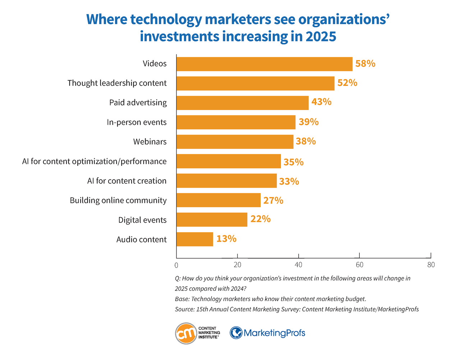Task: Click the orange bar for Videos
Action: tap(264, 64)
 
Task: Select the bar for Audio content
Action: tap(195, 239)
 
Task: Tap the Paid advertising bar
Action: tap(242, 103)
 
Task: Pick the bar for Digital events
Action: tap(212, 219)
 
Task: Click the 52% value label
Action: tap(347, 83)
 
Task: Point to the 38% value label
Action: tap(305, 141)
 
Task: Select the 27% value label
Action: tap(273, 200)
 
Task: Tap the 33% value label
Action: tap(289, 181)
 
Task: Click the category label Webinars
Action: tap(150, 142)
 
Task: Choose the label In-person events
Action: tap(137, 122)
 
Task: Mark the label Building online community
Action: tap(118, 200)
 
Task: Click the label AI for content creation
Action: tap(127, 181)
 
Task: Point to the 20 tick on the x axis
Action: tap(237, 265)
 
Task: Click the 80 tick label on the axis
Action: tap(431, 265)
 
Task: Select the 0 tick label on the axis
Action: tap(176, 265)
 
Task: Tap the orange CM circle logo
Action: tap(186, 333)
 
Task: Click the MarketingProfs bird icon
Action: tap(236, 333)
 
